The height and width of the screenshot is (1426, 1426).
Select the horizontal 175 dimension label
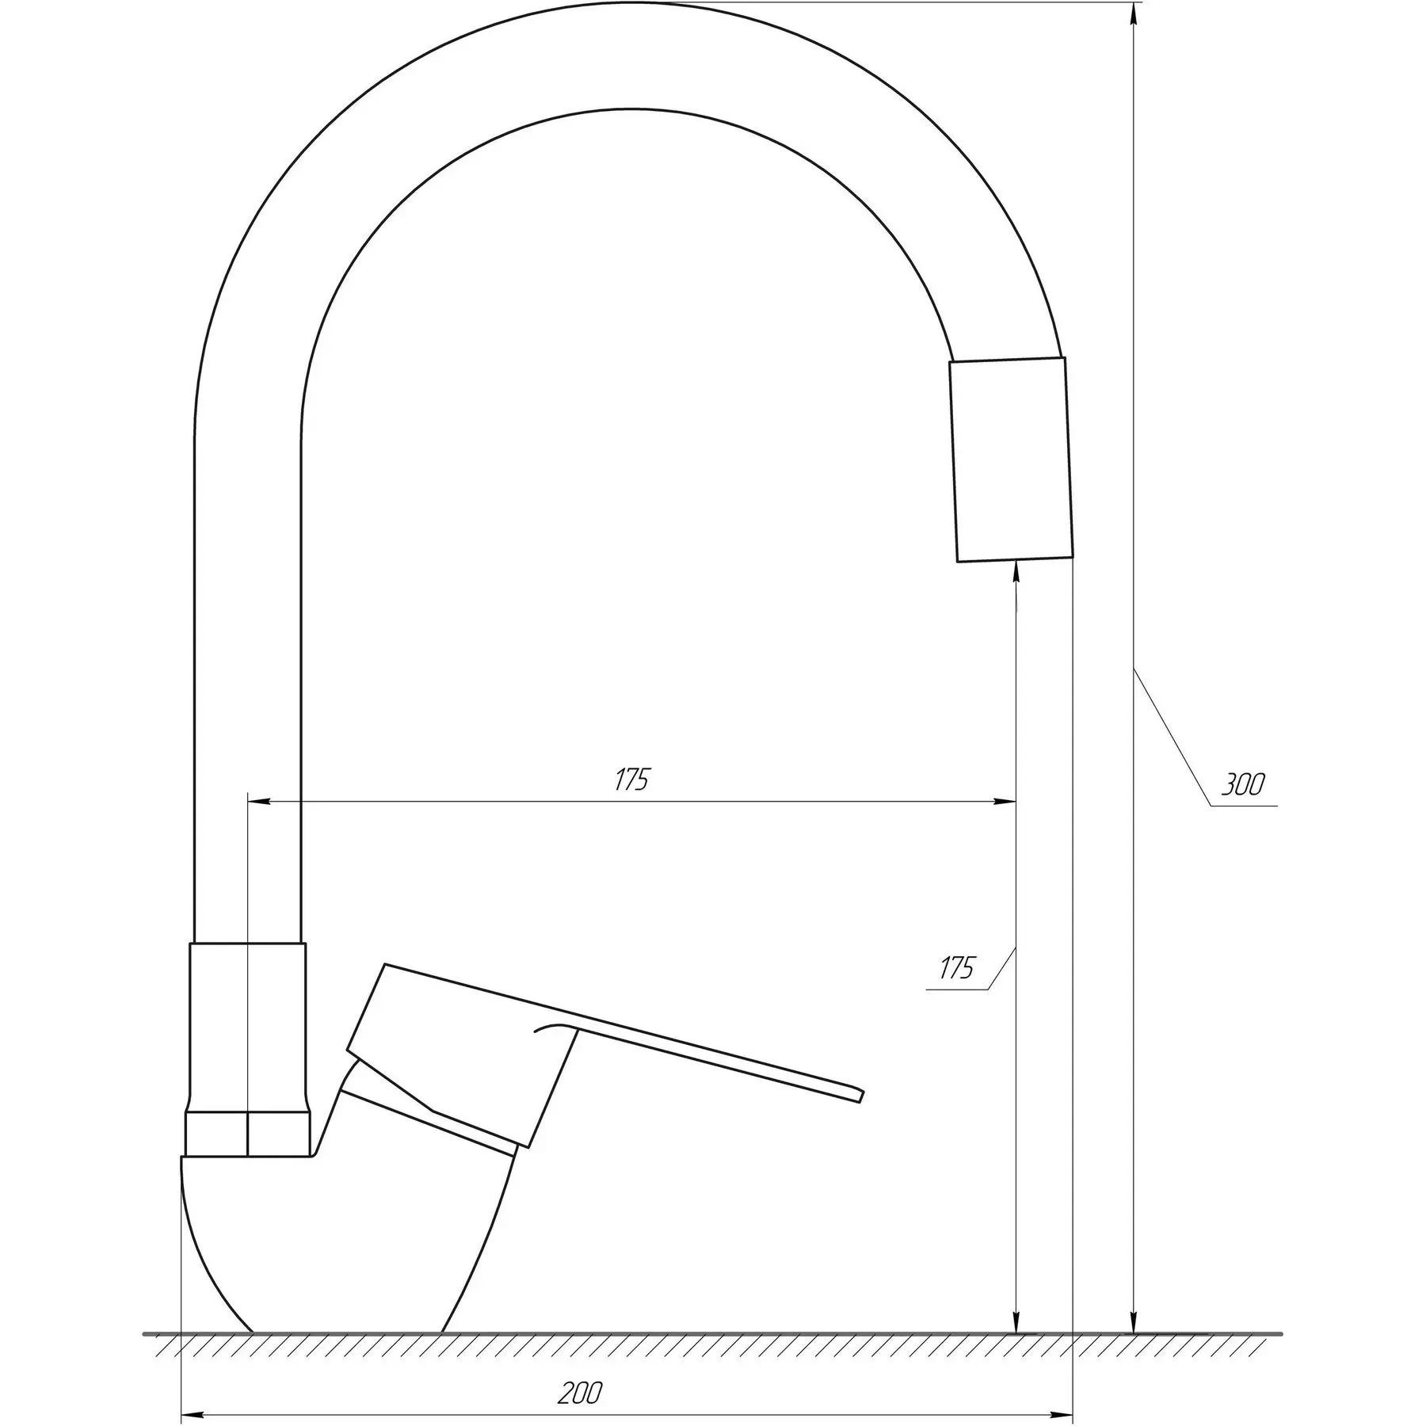631,780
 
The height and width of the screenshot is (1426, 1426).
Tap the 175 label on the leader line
957,968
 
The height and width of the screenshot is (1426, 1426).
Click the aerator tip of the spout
1011,459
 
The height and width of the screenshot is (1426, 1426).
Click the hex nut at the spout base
248,1134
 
